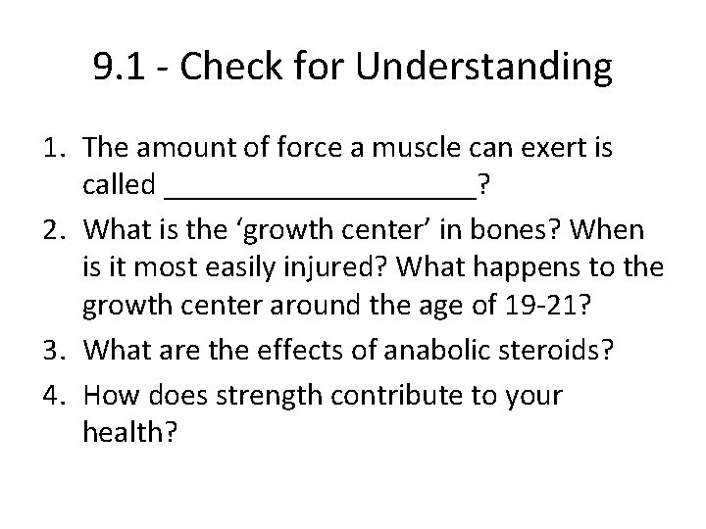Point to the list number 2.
coord(55,230)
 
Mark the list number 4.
coord(55,395)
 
